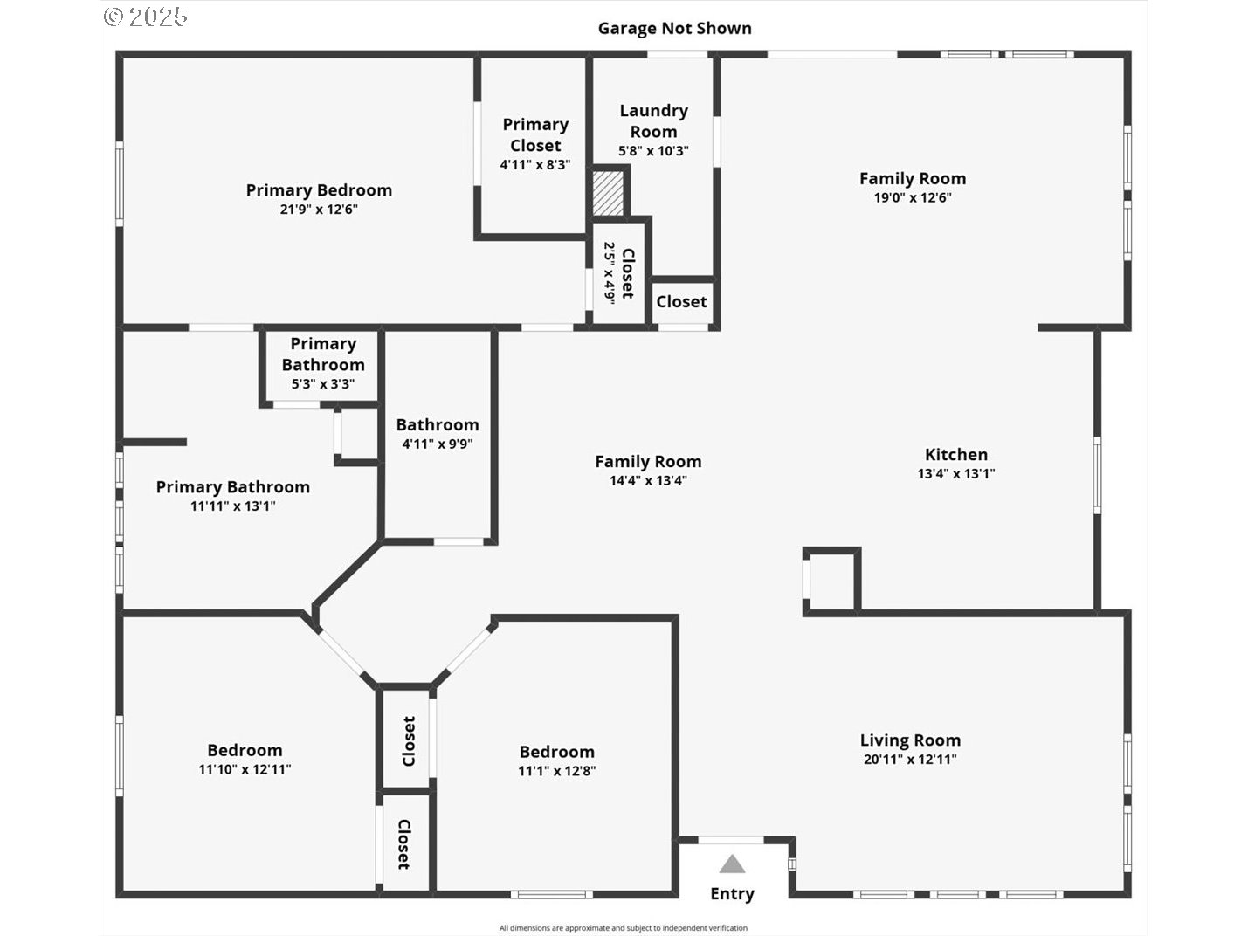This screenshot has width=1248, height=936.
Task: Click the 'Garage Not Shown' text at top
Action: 674,28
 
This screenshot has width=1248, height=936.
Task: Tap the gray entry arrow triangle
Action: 732,865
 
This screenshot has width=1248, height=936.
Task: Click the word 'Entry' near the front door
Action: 732,893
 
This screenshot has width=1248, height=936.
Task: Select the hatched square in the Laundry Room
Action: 609,194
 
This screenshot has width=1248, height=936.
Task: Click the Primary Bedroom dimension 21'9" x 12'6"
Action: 319,210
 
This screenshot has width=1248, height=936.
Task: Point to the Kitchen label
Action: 956,454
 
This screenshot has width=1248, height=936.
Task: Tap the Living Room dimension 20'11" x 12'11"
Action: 910,760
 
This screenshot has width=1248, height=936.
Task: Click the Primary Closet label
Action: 535,135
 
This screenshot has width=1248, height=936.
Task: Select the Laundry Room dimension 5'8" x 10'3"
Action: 653,151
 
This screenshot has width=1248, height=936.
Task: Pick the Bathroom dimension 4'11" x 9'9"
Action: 437,444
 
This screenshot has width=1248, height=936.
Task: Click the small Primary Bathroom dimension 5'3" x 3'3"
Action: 322,384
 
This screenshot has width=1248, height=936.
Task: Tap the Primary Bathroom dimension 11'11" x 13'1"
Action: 232,506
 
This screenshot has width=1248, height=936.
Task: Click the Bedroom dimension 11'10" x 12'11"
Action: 245,769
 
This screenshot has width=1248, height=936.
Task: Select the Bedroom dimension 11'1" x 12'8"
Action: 556,771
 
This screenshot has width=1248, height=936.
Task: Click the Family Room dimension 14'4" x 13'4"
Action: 648,480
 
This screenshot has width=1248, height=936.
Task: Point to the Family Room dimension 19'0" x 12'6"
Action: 913,197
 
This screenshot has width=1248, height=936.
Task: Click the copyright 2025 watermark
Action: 145,16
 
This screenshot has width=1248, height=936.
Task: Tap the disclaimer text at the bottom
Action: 623,928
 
